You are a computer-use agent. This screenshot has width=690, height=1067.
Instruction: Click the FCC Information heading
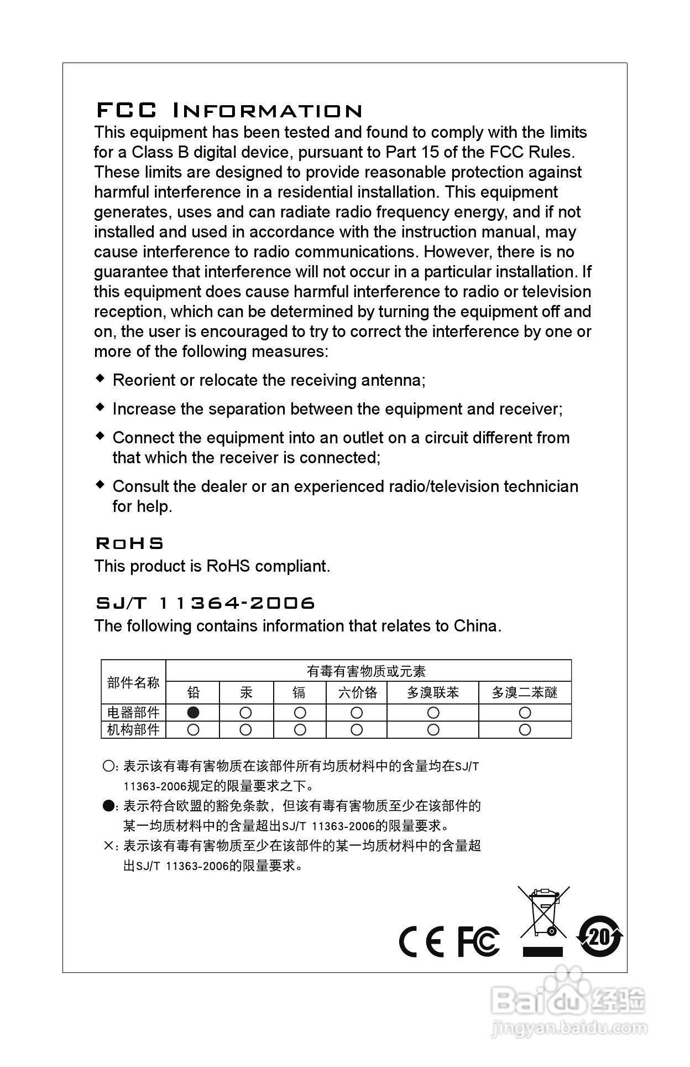(x=229, y=111)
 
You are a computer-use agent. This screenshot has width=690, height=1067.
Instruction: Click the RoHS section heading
(x=130, y=543)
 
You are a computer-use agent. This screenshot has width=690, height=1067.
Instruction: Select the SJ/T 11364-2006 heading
(x=205, y=603)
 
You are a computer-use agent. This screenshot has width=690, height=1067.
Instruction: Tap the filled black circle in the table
(x=193, y=712)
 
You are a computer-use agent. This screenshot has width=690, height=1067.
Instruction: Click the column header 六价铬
(x=357, y=692)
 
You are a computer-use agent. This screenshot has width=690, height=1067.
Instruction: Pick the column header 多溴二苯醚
(x=524, y=692)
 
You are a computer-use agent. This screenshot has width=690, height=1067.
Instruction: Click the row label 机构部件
(x=133, y=730)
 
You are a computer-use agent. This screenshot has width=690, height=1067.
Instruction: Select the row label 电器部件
(x=133, y=712)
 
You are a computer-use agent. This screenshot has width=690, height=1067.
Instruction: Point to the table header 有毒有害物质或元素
(x=366, y=671)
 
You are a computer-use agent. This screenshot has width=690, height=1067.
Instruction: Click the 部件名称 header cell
(x=133, y=682)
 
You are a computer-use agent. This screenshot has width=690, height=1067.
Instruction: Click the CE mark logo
(x=421, y=941)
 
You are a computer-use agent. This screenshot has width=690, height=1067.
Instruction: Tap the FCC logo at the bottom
(x=478, y=941)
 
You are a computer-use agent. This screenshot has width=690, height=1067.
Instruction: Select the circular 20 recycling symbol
(x=600, y=937)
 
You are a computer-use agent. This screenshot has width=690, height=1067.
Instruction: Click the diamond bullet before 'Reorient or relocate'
(x=100, y=379)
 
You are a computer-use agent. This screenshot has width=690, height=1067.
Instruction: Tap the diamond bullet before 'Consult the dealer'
(x=100, y=485)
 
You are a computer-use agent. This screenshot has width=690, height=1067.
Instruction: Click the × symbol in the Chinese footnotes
(x=108, y=846)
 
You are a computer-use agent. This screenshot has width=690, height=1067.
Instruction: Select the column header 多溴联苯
(x=432, y=692)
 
